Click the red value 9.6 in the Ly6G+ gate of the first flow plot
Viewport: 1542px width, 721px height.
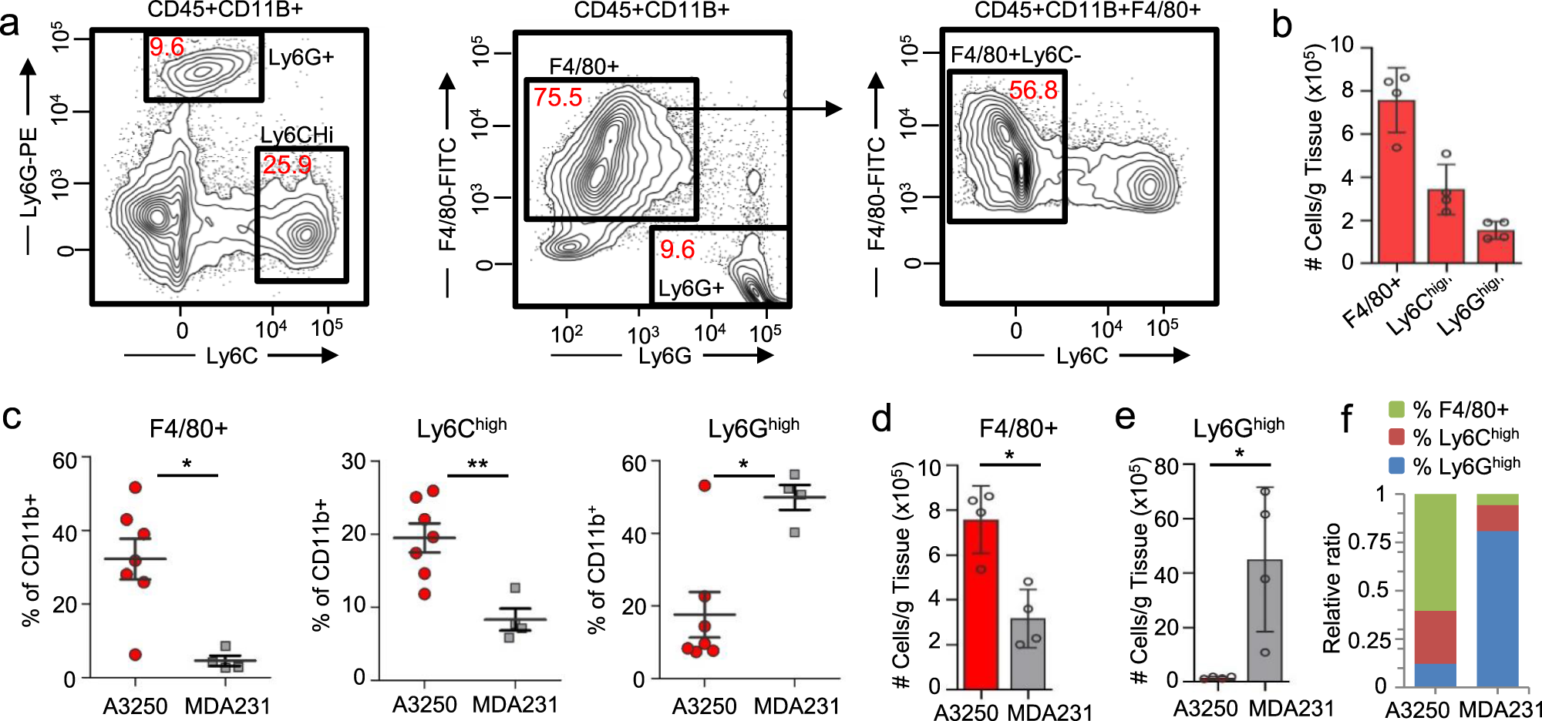(167, 48)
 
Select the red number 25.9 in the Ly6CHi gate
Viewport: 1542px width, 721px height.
(286, 165)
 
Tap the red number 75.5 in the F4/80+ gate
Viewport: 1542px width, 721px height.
(557, 98)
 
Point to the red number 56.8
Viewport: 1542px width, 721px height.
(1033, 90)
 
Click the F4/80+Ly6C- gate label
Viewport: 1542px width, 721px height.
(1015, 55)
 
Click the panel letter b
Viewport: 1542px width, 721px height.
(1281, 25)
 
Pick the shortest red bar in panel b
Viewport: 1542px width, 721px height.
(1496, 246)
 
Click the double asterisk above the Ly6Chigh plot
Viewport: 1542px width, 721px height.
(477, 465)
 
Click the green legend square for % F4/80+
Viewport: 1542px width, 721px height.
(1396, 409)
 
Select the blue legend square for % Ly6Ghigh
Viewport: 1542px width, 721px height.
(1396, 465)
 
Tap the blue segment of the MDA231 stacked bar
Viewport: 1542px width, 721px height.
(1497, 609)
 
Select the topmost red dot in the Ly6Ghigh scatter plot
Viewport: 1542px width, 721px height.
(704, 485)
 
